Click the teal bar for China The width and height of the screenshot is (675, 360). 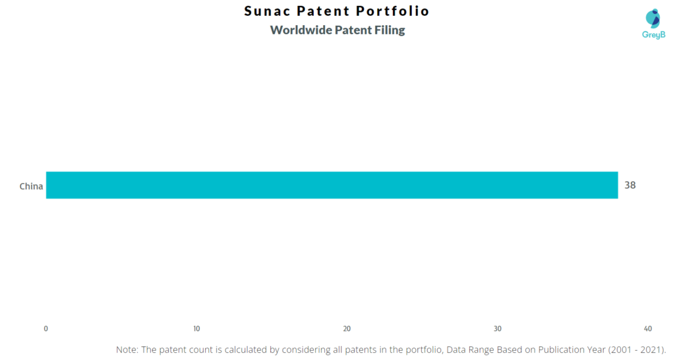332,185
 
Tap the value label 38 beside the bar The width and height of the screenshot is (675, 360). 630,185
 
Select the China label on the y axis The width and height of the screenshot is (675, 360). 31,186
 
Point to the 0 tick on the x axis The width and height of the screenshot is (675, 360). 45,328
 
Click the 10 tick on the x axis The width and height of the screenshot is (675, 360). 196,328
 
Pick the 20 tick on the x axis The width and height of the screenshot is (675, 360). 347,328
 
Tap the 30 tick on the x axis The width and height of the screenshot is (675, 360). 498,328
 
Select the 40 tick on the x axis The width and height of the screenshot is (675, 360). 648,328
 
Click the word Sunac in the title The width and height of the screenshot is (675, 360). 266,11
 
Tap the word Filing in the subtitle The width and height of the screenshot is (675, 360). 391,30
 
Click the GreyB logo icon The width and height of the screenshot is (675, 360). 653,18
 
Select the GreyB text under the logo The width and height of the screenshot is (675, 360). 653,34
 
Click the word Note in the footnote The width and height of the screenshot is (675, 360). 127,349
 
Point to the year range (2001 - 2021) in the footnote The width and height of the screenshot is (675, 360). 637,349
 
